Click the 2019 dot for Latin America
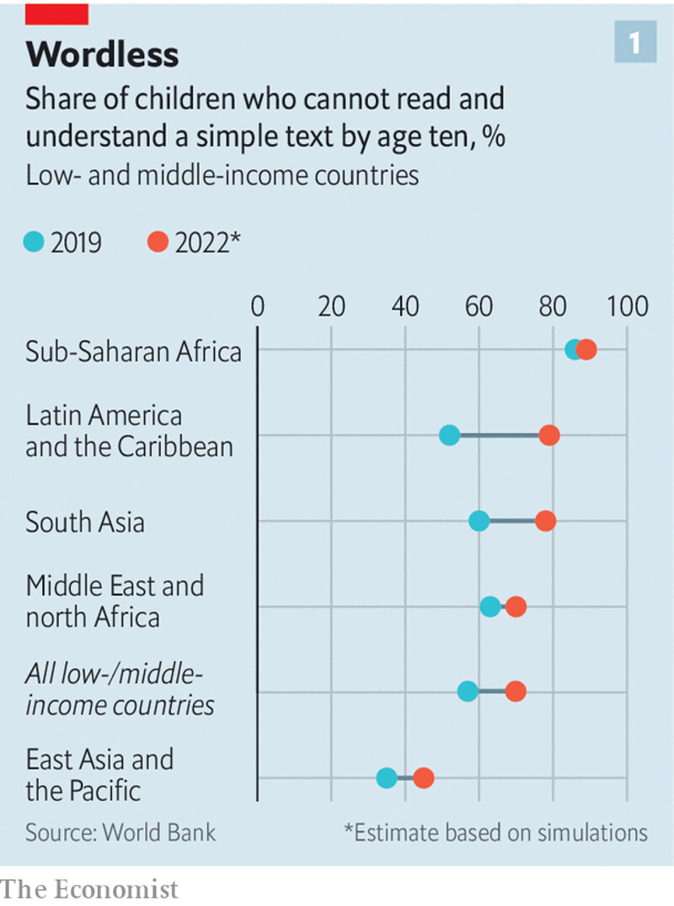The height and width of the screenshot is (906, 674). [x=449, y=435]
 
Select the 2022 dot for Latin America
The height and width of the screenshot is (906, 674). [x=549, y=435]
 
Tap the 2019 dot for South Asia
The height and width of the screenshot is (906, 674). [x=479, y=521]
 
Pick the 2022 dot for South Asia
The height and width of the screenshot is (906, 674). [x=546, y=521]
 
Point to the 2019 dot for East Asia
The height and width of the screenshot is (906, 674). [x=387, y=778]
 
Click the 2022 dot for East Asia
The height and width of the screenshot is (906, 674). [x=423, y=778]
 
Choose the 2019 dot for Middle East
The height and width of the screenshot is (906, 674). [x=489, y=606]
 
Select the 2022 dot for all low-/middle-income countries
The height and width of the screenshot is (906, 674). [x=516, y=691]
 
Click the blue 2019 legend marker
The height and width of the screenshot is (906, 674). [x=34, y=242]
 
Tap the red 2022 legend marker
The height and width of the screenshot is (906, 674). [x=158, y=242]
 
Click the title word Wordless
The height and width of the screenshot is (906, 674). [x=102, y=55]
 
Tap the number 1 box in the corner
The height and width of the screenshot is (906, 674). [x=634, y=43]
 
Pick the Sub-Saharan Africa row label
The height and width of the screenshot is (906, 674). [x=133, y=350]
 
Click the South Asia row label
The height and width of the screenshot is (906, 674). [x=84, y=522]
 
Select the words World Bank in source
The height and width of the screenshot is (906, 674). [x=159, y=833]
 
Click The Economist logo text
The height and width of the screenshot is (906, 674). [x=89, y=889]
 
